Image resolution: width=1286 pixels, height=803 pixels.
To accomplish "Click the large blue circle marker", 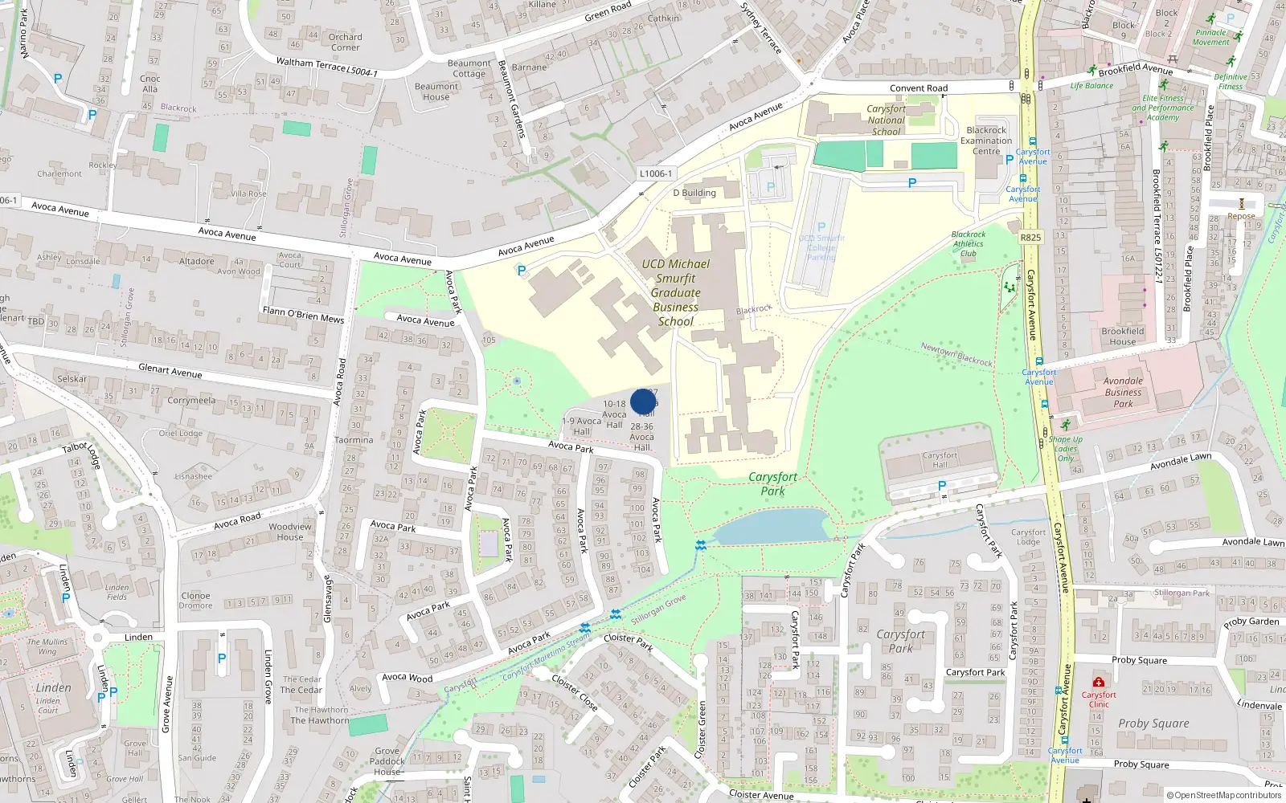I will tap(643, 401).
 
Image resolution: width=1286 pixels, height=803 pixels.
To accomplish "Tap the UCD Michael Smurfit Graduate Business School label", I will tap(675, 292).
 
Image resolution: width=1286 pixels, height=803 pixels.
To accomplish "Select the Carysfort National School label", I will tap(886, 120).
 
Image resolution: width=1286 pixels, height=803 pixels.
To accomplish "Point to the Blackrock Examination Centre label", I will tap(986, 141).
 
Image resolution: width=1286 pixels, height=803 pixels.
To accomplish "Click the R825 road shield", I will tap(1030, 238).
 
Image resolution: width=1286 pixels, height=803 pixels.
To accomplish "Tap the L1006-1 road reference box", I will tap(656, 173).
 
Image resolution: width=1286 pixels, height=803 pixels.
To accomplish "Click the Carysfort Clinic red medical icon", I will tap(1098, 683).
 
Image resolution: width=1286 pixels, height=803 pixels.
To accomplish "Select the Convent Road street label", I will tap(918, 88).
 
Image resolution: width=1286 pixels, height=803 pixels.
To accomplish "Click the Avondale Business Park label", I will tap(1123, 393).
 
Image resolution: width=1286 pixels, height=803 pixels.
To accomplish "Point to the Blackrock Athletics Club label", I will tap(968, 244).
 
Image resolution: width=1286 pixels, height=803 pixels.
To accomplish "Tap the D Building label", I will tap(694, 193).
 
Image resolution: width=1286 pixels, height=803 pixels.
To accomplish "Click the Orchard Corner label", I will tap(345, 42).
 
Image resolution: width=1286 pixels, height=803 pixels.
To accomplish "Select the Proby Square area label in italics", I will tap(1153, 724).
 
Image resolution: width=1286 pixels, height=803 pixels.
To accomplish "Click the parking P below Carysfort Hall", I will tap(942, 487).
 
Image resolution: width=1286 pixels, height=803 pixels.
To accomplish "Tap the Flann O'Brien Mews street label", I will tap(303, 314).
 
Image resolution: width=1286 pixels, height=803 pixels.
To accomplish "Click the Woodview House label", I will tap(290, 532).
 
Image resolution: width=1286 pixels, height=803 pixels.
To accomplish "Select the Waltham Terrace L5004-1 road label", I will tap(326, 67).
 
